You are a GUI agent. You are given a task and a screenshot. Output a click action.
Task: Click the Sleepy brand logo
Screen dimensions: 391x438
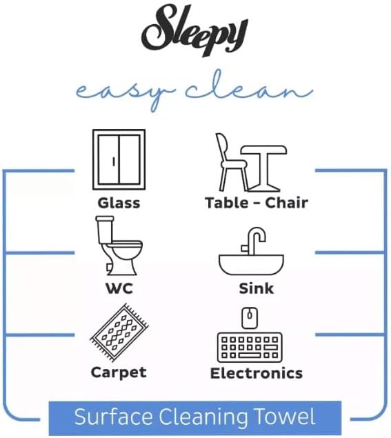coord(194,30)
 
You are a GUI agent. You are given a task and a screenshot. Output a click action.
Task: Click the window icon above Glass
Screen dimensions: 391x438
coord(119,159)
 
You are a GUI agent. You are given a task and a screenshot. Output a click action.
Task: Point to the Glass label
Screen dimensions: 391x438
coord(119,203)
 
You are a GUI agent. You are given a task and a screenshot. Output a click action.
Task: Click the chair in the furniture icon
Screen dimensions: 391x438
coord(230,162)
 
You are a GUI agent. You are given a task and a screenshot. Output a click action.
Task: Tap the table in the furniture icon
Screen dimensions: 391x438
coord(264,168)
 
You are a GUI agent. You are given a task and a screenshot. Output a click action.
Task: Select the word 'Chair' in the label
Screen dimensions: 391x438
coord(287,203)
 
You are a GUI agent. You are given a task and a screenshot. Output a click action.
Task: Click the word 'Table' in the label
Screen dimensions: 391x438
coord(226,203)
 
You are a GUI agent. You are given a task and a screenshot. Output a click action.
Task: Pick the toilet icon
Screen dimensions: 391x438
coord(119,246)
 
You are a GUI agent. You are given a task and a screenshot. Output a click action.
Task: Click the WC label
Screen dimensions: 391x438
coord(119,288)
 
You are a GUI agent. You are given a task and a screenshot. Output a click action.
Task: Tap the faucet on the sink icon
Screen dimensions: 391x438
coord(254,241)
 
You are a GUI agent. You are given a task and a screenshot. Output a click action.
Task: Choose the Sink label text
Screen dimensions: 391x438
coord(257,288)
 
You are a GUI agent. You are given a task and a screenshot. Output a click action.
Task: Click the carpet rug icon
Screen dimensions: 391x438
coord(119,332)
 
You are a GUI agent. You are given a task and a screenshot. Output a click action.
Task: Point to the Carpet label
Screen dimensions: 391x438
coord(119,373)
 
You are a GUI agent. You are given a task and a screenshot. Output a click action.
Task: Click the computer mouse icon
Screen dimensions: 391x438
coord(250,318)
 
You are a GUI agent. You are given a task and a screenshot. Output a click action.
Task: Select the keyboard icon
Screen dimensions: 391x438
coord(250,347)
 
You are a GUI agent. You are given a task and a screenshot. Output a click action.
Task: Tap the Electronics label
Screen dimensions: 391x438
coord(257,373)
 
